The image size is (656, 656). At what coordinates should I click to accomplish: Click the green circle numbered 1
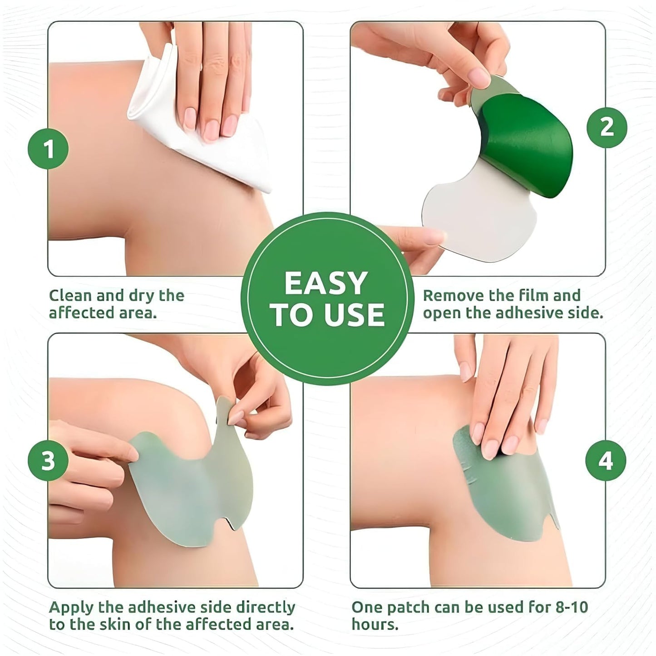click(x=48, y=149)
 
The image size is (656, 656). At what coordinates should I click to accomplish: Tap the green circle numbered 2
click(x=607, y=127)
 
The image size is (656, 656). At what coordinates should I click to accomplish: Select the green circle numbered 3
click(x=48, y=461)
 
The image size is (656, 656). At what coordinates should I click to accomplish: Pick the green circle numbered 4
click(x=606, y=461)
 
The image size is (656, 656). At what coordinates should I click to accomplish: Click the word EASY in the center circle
click(x=326, y=283)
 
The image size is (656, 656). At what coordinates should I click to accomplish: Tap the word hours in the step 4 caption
click(x=375, y=625)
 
